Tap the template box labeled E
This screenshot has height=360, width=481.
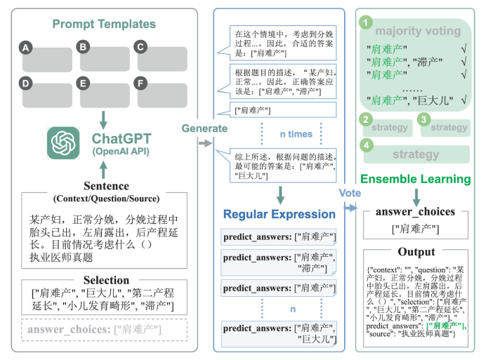[105, 95]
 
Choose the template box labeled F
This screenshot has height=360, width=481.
[162, 95]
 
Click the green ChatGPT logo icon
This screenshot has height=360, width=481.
[65, 142]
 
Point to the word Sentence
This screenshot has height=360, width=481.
[107, 187]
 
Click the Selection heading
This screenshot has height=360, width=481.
[107, 280]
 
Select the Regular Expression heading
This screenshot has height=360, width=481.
[279, 214]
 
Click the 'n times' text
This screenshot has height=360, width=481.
[296, 133]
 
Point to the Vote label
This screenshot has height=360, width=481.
[350, 191]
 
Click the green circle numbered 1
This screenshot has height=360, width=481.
[365, 23]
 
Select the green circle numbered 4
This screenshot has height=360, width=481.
[365, 145]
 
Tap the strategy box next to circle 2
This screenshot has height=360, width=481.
[391, 128]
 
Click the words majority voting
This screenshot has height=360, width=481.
[419, 31]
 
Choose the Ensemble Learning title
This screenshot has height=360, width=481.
[414, 179]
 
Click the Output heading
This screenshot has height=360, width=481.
[416, 252]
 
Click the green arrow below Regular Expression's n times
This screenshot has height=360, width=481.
[279, 194]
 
